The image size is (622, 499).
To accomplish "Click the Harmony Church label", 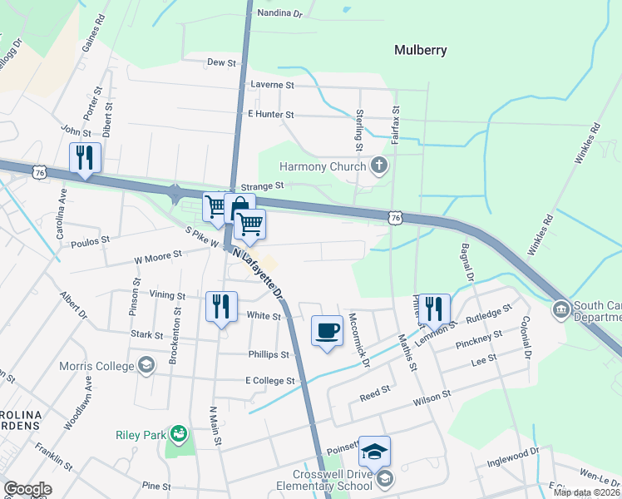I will pyautogui.click(x=323, y=166).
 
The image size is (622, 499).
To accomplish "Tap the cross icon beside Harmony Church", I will pyautogui.click(x=379, y=165).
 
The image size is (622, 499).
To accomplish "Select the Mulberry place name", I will pyautogui.click(x=420, y=50).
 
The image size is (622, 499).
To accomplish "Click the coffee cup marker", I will pyautogui.click(x=327, y=330).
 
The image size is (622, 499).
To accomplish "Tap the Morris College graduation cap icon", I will pyautogui.click(x=146, y=365).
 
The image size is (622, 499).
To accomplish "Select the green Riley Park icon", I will pyautogui.click(x=178, y=433).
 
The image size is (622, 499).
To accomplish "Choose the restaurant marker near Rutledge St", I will pyautogui.click(x=434, y=308).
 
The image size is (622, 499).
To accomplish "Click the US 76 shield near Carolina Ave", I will pyautogui.click(x=38, y=172).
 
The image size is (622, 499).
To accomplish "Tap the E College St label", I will pyautogui.click(x=270, y=380).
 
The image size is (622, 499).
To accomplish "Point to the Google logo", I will pyautogui.click(x=27, y=489).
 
